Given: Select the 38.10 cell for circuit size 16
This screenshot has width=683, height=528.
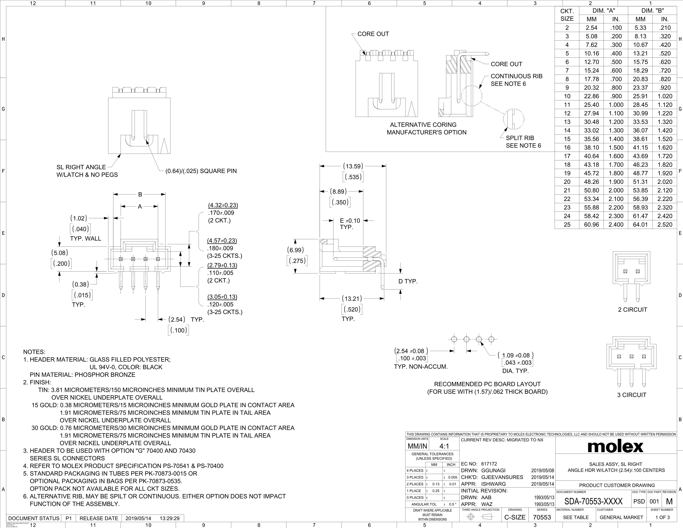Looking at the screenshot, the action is [591, 147].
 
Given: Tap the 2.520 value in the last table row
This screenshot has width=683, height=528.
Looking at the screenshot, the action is [665, 225].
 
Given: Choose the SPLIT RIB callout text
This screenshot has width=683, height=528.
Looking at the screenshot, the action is [520, 138].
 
